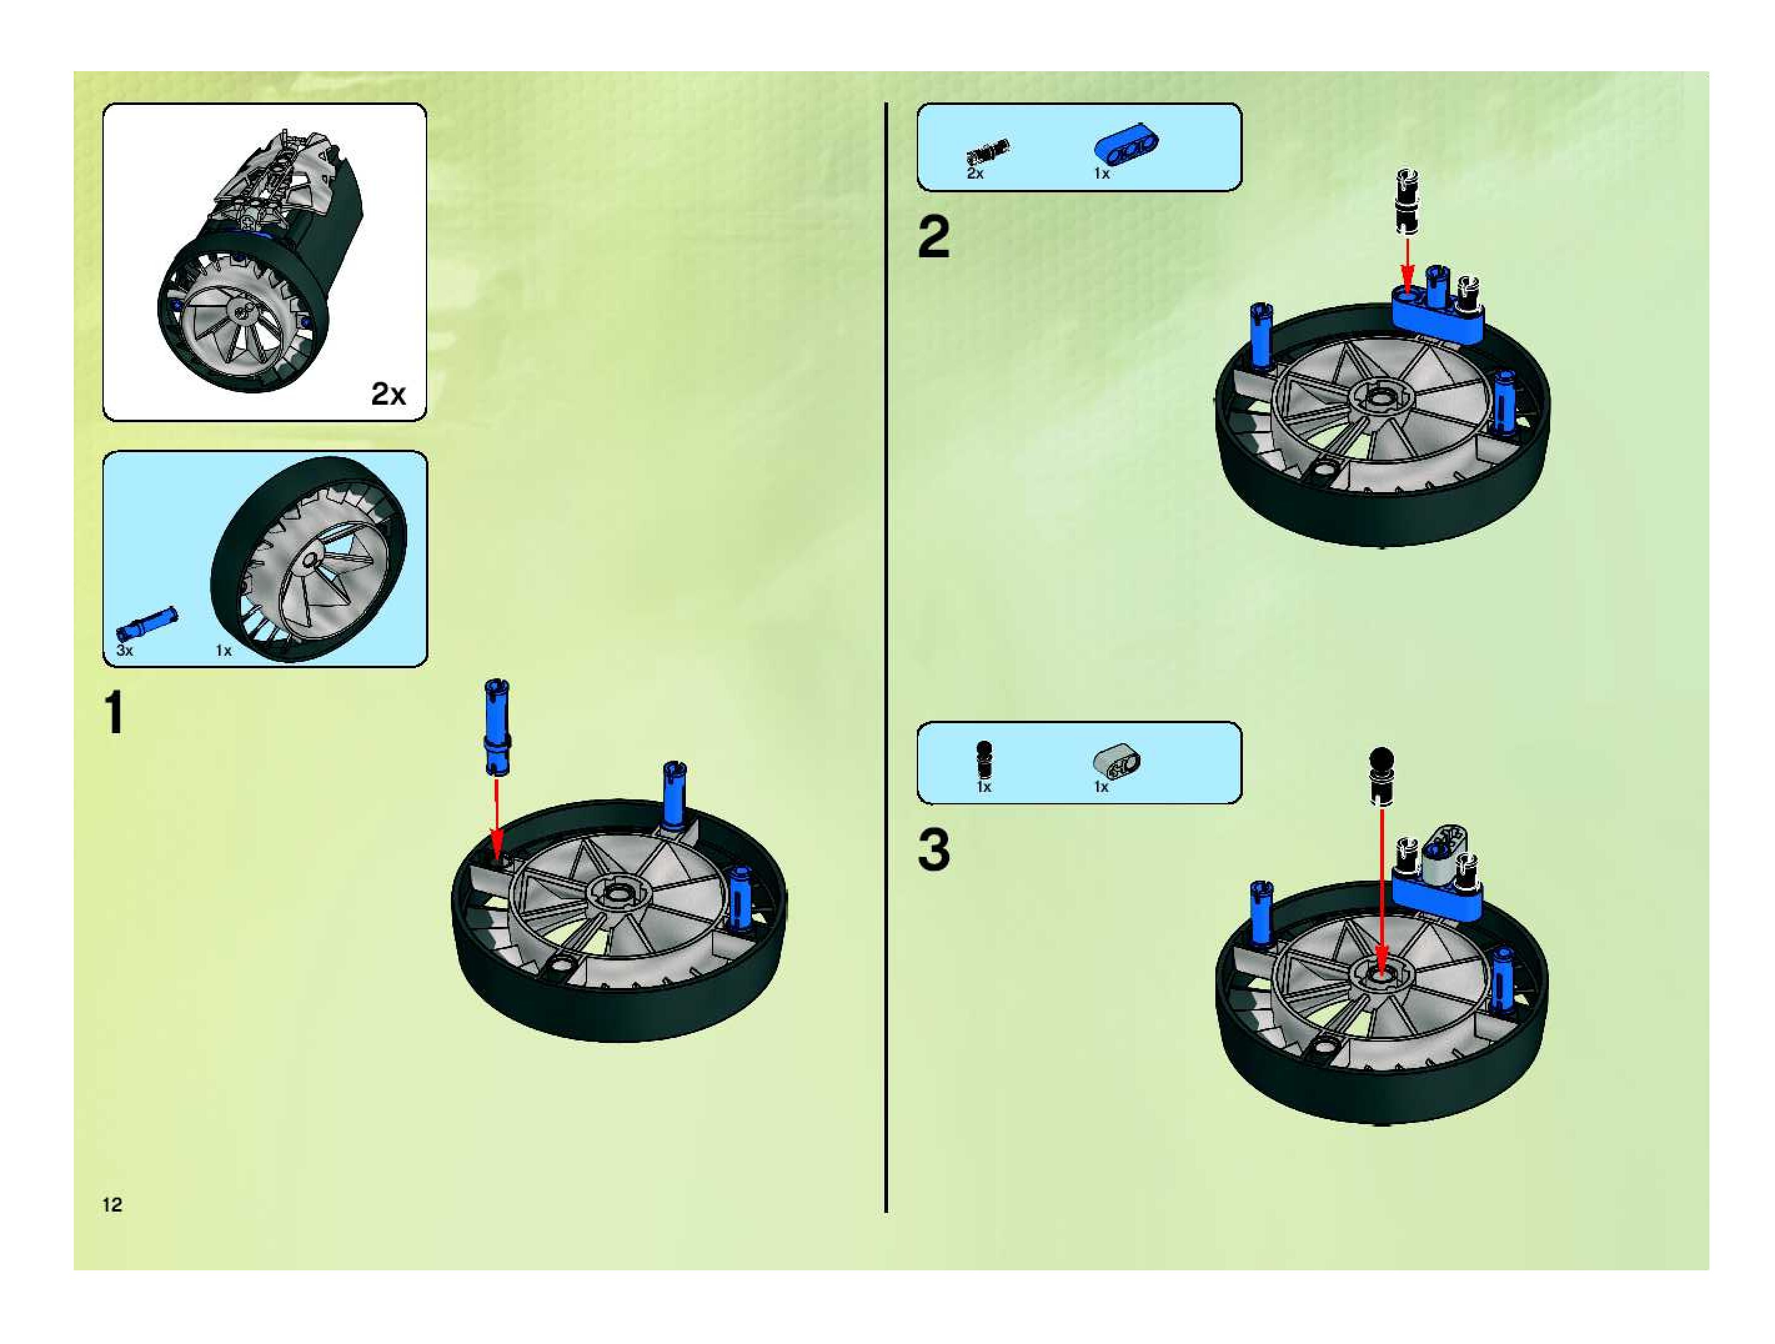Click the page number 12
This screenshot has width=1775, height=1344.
point(112,1203)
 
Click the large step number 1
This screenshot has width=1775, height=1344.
point(115,713)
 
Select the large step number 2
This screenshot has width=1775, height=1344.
point(933,237)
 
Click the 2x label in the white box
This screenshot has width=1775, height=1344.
point(388,393)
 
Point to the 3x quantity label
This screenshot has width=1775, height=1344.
point(124,650)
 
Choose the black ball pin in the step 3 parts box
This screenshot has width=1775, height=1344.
point(984,759)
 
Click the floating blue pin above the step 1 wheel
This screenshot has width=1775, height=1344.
point(497,727)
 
